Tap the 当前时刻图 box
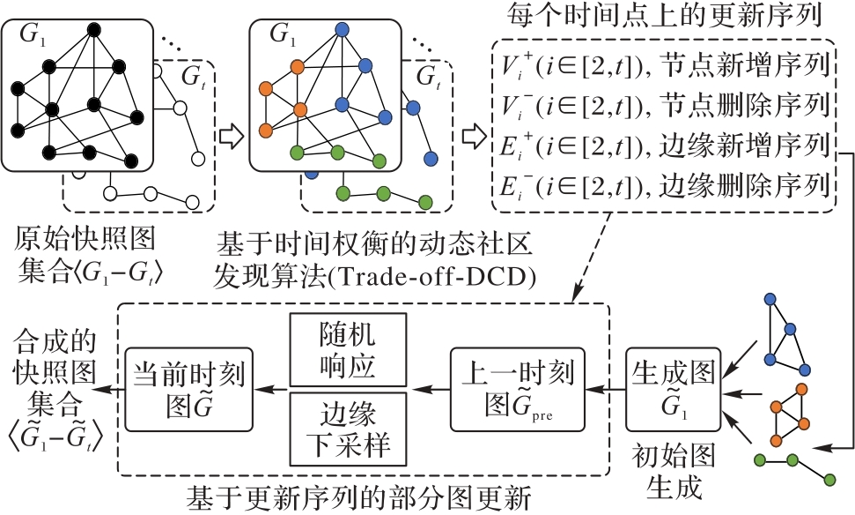click(x=186, y=388)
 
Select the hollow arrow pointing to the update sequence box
click(x=475, y=137)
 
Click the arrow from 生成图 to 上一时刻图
click(x=607, y=388)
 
